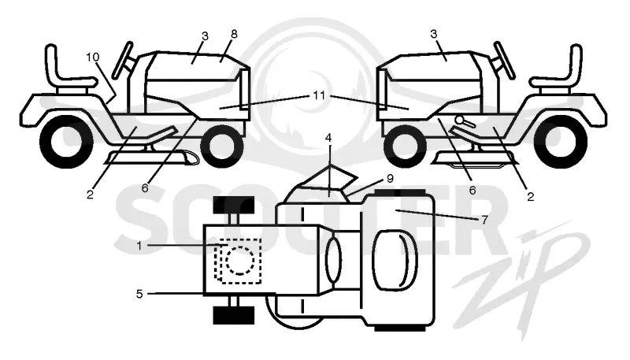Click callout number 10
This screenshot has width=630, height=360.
coord(92,57)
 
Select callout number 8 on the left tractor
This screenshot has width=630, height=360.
coord(234,34)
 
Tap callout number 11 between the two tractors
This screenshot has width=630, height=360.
coord(319,95)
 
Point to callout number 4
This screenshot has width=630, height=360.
coord(328,138)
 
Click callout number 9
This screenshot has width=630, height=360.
coord(389,178)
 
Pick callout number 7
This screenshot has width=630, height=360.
coord(484,219)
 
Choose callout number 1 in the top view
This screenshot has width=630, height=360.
coord(139,246)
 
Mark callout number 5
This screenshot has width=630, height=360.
coord(139,294)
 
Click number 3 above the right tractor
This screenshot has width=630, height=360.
coord(433,34)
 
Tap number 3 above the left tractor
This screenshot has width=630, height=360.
coord(205,36)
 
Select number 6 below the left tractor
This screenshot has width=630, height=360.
coord(145,187)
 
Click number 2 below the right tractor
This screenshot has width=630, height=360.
coord(530,196)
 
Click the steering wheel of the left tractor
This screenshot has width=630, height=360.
coord(123,59)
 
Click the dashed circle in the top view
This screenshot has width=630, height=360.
coord(240,262)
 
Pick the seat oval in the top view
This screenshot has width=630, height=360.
coord(395,261)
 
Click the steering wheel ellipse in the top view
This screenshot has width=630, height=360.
coord(333,259)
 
